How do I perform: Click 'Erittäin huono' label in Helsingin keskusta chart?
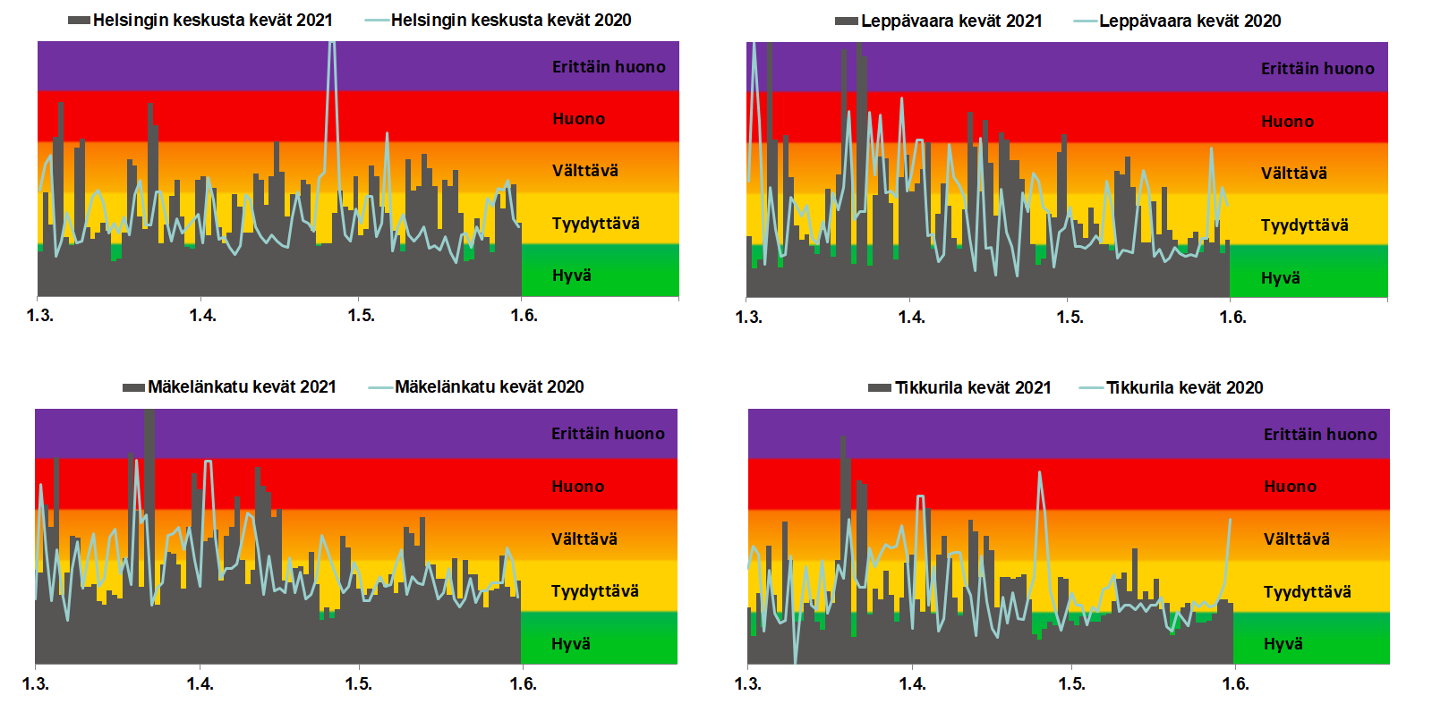pyautogui.click(x=609, y=67)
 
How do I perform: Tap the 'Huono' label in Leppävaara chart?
pyautogui.click(x=1287, y=122)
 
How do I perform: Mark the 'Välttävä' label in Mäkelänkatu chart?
pyautogui.click(x=584, y=539)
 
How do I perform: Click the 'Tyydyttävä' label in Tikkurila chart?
pyautogui.click(x=1307, y=592)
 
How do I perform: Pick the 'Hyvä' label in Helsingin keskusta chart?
pyautogui.click(x=571, y=276)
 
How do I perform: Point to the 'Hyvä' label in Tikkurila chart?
pyautogui.click(x=1283, y=644)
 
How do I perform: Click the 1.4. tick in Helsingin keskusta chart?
pyautogui.click(x=202, y=315)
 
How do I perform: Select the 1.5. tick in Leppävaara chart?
pyautogui.click(x=1070, y=317)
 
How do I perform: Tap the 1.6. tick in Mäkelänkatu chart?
pyautogui.click(x=523, y=683)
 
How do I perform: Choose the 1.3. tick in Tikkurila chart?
pyautogui.click(x=747, y=683)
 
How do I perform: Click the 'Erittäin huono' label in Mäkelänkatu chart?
pyautogui.click(x=608, y=434)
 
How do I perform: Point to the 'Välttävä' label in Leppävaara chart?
pyautogui.click(x=1293, y=174)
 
